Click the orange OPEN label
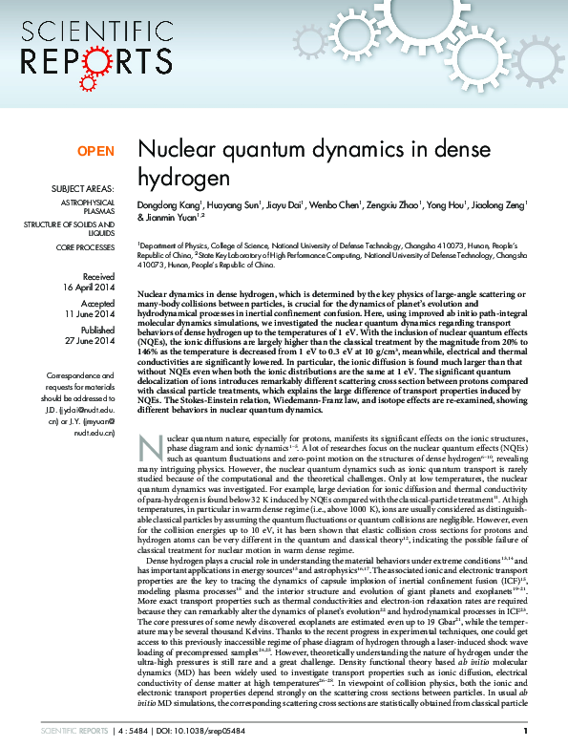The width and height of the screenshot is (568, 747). point(95,152)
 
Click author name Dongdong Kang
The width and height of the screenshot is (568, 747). point(170,204)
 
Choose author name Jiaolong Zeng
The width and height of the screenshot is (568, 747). point(495,204)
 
